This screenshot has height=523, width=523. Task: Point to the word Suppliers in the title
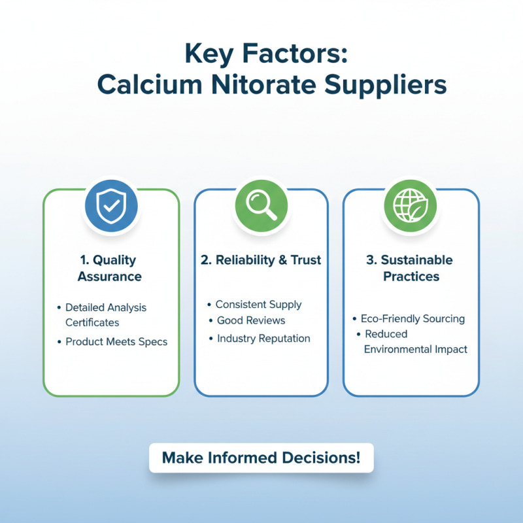[394, 85]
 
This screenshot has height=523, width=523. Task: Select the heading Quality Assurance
[110, 268]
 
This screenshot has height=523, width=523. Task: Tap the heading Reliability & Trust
[261, 260]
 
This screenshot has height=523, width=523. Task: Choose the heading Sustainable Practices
[410, 268]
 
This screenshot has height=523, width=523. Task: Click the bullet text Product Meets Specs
[116, 342]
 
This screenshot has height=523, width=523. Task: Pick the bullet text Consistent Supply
[258, 305]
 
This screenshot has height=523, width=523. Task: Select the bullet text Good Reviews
[251, 321]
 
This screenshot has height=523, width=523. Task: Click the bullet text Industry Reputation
[263, 339]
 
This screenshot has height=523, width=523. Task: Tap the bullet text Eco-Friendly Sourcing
[413, 319]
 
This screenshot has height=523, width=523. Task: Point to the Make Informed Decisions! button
[261, 458]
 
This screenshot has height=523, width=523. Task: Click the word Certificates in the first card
[92, 322]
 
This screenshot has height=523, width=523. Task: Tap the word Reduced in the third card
[386, 334]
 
